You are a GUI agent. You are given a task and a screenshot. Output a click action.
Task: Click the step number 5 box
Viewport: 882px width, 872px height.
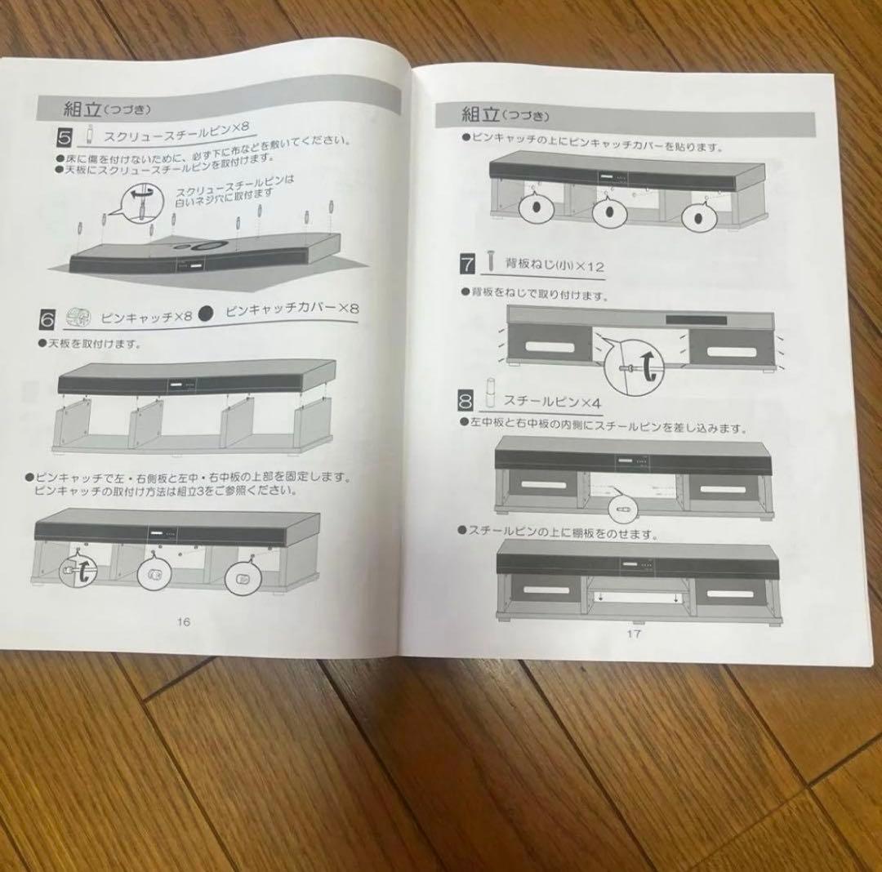tap(68, 135)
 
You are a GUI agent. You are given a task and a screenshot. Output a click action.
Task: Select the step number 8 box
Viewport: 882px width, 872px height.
tap(466, 400)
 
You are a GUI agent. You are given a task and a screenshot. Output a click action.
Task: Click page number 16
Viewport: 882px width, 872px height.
tap(183, 621)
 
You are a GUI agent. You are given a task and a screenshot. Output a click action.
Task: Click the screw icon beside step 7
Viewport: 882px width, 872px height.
tap(490, 261)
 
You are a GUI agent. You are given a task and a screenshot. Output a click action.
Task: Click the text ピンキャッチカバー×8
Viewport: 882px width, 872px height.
tap(292, 309)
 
